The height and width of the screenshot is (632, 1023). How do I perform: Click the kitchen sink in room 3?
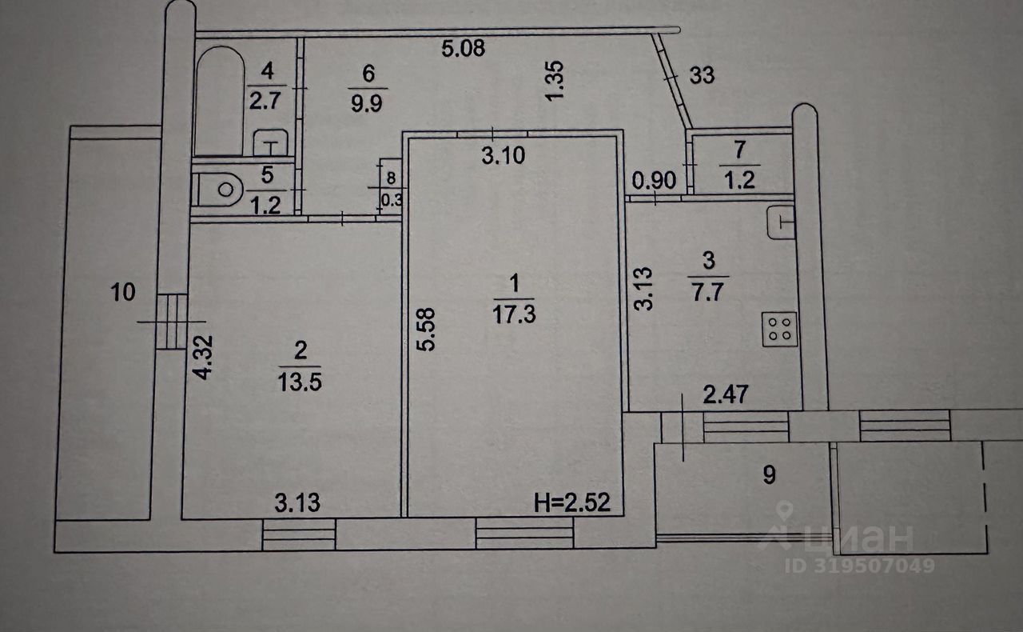[x=781, y=222]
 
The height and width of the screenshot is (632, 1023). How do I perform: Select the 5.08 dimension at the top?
[x=464, y=49]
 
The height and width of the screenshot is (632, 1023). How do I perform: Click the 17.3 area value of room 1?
[x=514, y=314]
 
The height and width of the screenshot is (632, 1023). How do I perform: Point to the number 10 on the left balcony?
[x=123, y=293]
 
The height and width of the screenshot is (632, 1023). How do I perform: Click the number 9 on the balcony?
[x=768, y=475]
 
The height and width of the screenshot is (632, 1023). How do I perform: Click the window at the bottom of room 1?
[x=525, y=531]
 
